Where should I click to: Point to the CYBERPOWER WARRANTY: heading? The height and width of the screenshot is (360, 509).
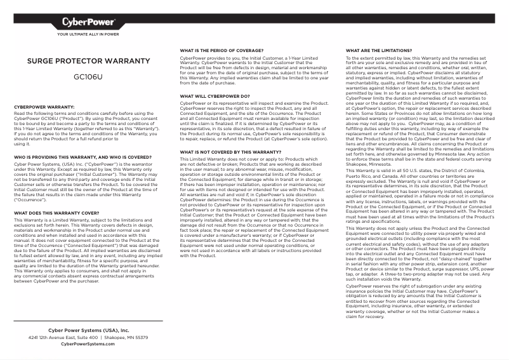(x=44, y=107)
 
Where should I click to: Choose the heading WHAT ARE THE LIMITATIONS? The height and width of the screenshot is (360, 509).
(x=375, y=49)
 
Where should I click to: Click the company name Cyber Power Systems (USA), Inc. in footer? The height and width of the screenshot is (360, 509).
(x=88, y=331)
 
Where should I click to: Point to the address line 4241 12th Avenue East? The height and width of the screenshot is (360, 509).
(x=88, y=337)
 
